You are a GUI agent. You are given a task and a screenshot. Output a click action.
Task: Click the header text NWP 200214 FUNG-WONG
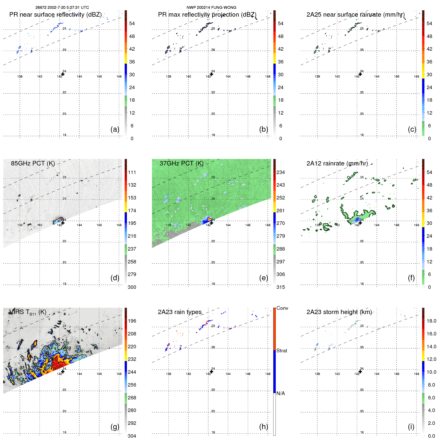click(x=211, y=8)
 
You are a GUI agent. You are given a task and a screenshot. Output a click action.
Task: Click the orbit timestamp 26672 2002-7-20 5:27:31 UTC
click(x=62, y=8)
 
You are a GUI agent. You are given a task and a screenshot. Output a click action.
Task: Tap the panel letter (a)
click(x=115, y=129)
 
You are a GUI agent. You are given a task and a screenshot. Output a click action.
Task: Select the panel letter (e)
click(x=264, y=278)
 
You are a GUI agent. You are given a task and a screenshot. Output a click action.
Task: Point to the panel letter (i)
click(x=411, y=427)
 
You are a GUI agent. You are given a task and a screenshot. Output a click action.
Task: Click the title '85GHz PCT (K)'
click(x=33, y=163)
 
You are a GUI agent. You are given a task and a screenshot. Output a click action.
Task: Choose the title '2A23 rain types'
click(x=180, y=312)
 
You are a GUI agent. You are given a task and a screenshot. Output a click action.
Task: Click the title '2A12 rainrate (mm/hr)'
click(x=337, y=163)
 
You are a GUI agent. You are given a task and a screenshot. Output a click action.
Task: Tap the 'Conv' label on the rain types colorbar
click(x=282, y=308)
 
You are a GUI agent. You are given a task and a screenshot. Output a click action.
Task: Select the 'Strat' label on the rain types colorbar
click(x=282, y=351)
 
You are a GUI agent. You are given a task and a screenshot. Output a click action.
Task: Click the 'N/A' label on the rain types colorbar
click(x=281, y=393)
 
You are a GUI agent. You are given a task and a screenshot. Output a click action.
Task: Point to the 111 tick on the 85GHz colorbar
click(x=132, y=172)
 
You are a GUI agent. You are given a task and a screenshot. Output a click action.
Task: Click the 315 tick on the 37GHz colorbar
click(x=281, y=287)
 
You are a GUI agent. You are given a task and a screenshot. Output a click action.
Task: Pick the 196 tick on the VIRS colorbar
click(x=132, y=321)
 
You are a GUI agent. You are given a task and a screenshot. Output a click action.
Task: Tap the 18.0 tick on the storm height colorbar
click(x=431, y=321)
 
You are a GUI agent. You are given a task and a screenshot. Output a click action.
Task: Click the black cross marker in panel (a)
click(x=63, y=74)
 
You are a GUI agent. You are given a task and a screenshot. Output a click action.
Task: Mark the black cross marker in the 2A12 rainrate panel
click(x=360, y=223)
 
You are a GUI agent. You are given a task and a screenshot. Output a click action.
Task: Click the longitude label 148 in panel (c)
click(x=417, y=77)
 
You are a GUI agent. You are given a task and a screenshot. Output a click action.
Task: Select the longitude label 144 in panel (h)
click(x=228, y=374)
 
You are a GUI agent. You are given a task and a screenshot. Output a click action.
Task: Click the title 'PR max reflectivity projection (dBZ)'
click(x=207, y=15)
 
